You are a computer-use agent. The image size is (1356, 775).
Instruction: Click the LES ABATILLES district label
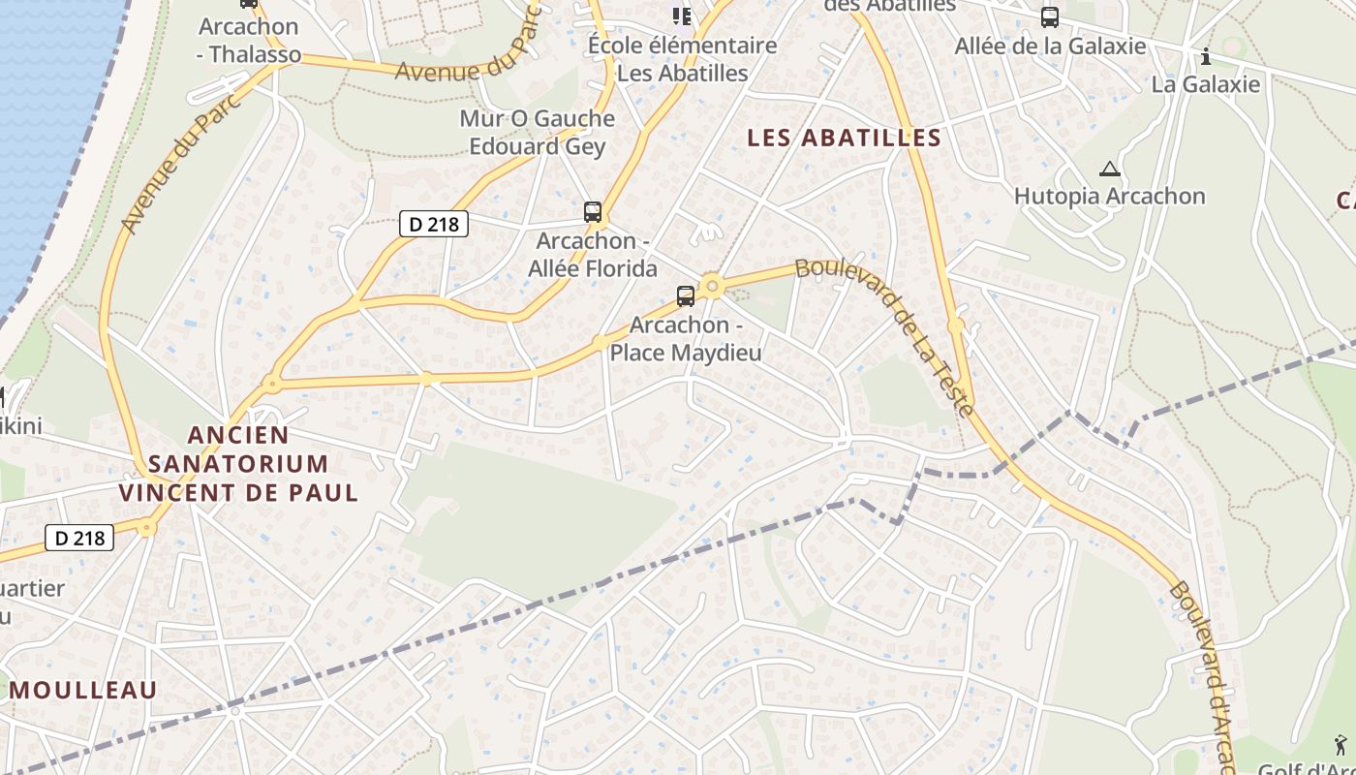(844, 138)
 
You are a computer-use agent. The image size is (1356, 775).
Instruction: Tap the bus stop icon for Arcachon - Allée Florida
(593, 211)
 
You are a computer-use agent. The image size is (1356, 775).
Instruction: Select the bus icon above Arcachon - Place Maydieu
(686, 296)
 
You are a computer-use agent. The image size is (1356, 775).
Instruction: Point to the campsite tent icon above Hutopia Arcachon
(1109, 169)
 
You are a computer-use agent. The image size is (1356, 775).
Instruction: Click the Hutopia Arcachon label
(1109, 196)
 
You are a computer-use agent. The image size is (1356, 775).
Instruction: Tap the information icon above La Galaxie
(1205, 56)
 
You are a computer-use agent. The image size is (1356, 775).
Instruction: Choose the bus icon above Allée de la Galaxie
(1049, 17)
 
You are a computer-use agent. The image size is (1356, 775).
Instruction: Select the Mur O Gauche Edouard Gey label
(537, 133)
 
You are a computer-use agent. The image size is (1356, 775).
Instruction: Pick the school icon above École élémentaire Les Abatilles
(682, 15)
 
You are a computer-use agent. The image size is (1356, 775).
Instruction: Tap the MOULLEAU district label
(83, 690)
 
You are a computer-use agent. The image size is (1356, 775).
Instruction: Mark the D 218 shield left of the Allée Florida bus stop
(434, 224)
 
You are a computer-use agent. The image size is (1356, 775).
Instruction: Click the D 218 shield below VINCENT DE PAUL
(79, 537)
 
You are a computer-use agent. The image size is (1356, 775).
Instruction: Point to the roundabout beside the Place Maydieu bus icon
(713, 286)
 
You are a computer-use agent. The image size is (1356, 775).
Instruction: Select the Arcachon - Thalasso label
(249, 41)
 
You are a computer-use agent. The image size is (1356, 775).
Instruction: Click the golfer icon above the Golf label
(1341, 744)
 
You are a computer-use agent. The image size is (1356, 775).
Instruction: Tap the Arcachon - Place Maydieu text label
(686, 339)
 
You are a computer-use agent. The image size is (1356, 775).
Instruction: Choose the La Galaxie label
(1205, 84)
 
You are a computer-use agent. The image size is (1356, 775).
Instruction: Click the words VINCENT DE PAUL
(238, 492)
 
